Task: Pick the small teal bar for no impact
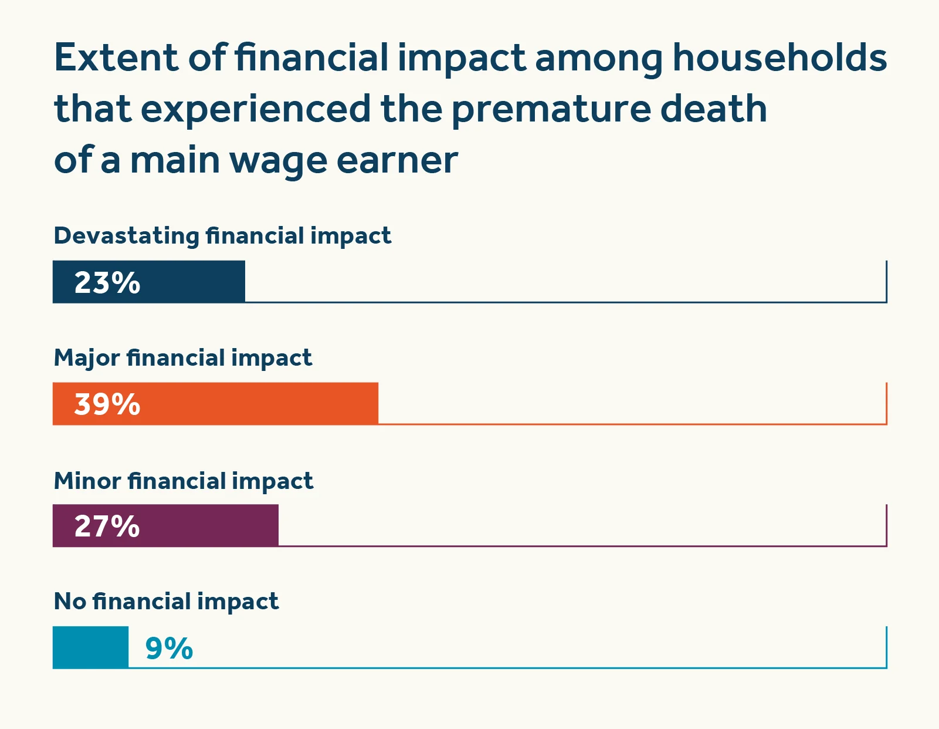[90, 647]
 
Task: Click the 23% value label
[107, 282]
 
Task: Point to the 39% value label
[107, 404]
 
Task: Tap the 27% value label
[107, 526]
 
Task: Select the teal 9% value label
[169, 649]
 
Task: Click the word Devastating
[126, 236]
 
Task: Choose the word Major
[86, 358]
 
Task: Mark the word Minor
[87, 481]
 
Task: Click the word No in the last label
[70, 602]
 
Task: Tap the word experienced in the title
[256, 110]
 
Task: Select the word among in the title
[598, 59]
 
